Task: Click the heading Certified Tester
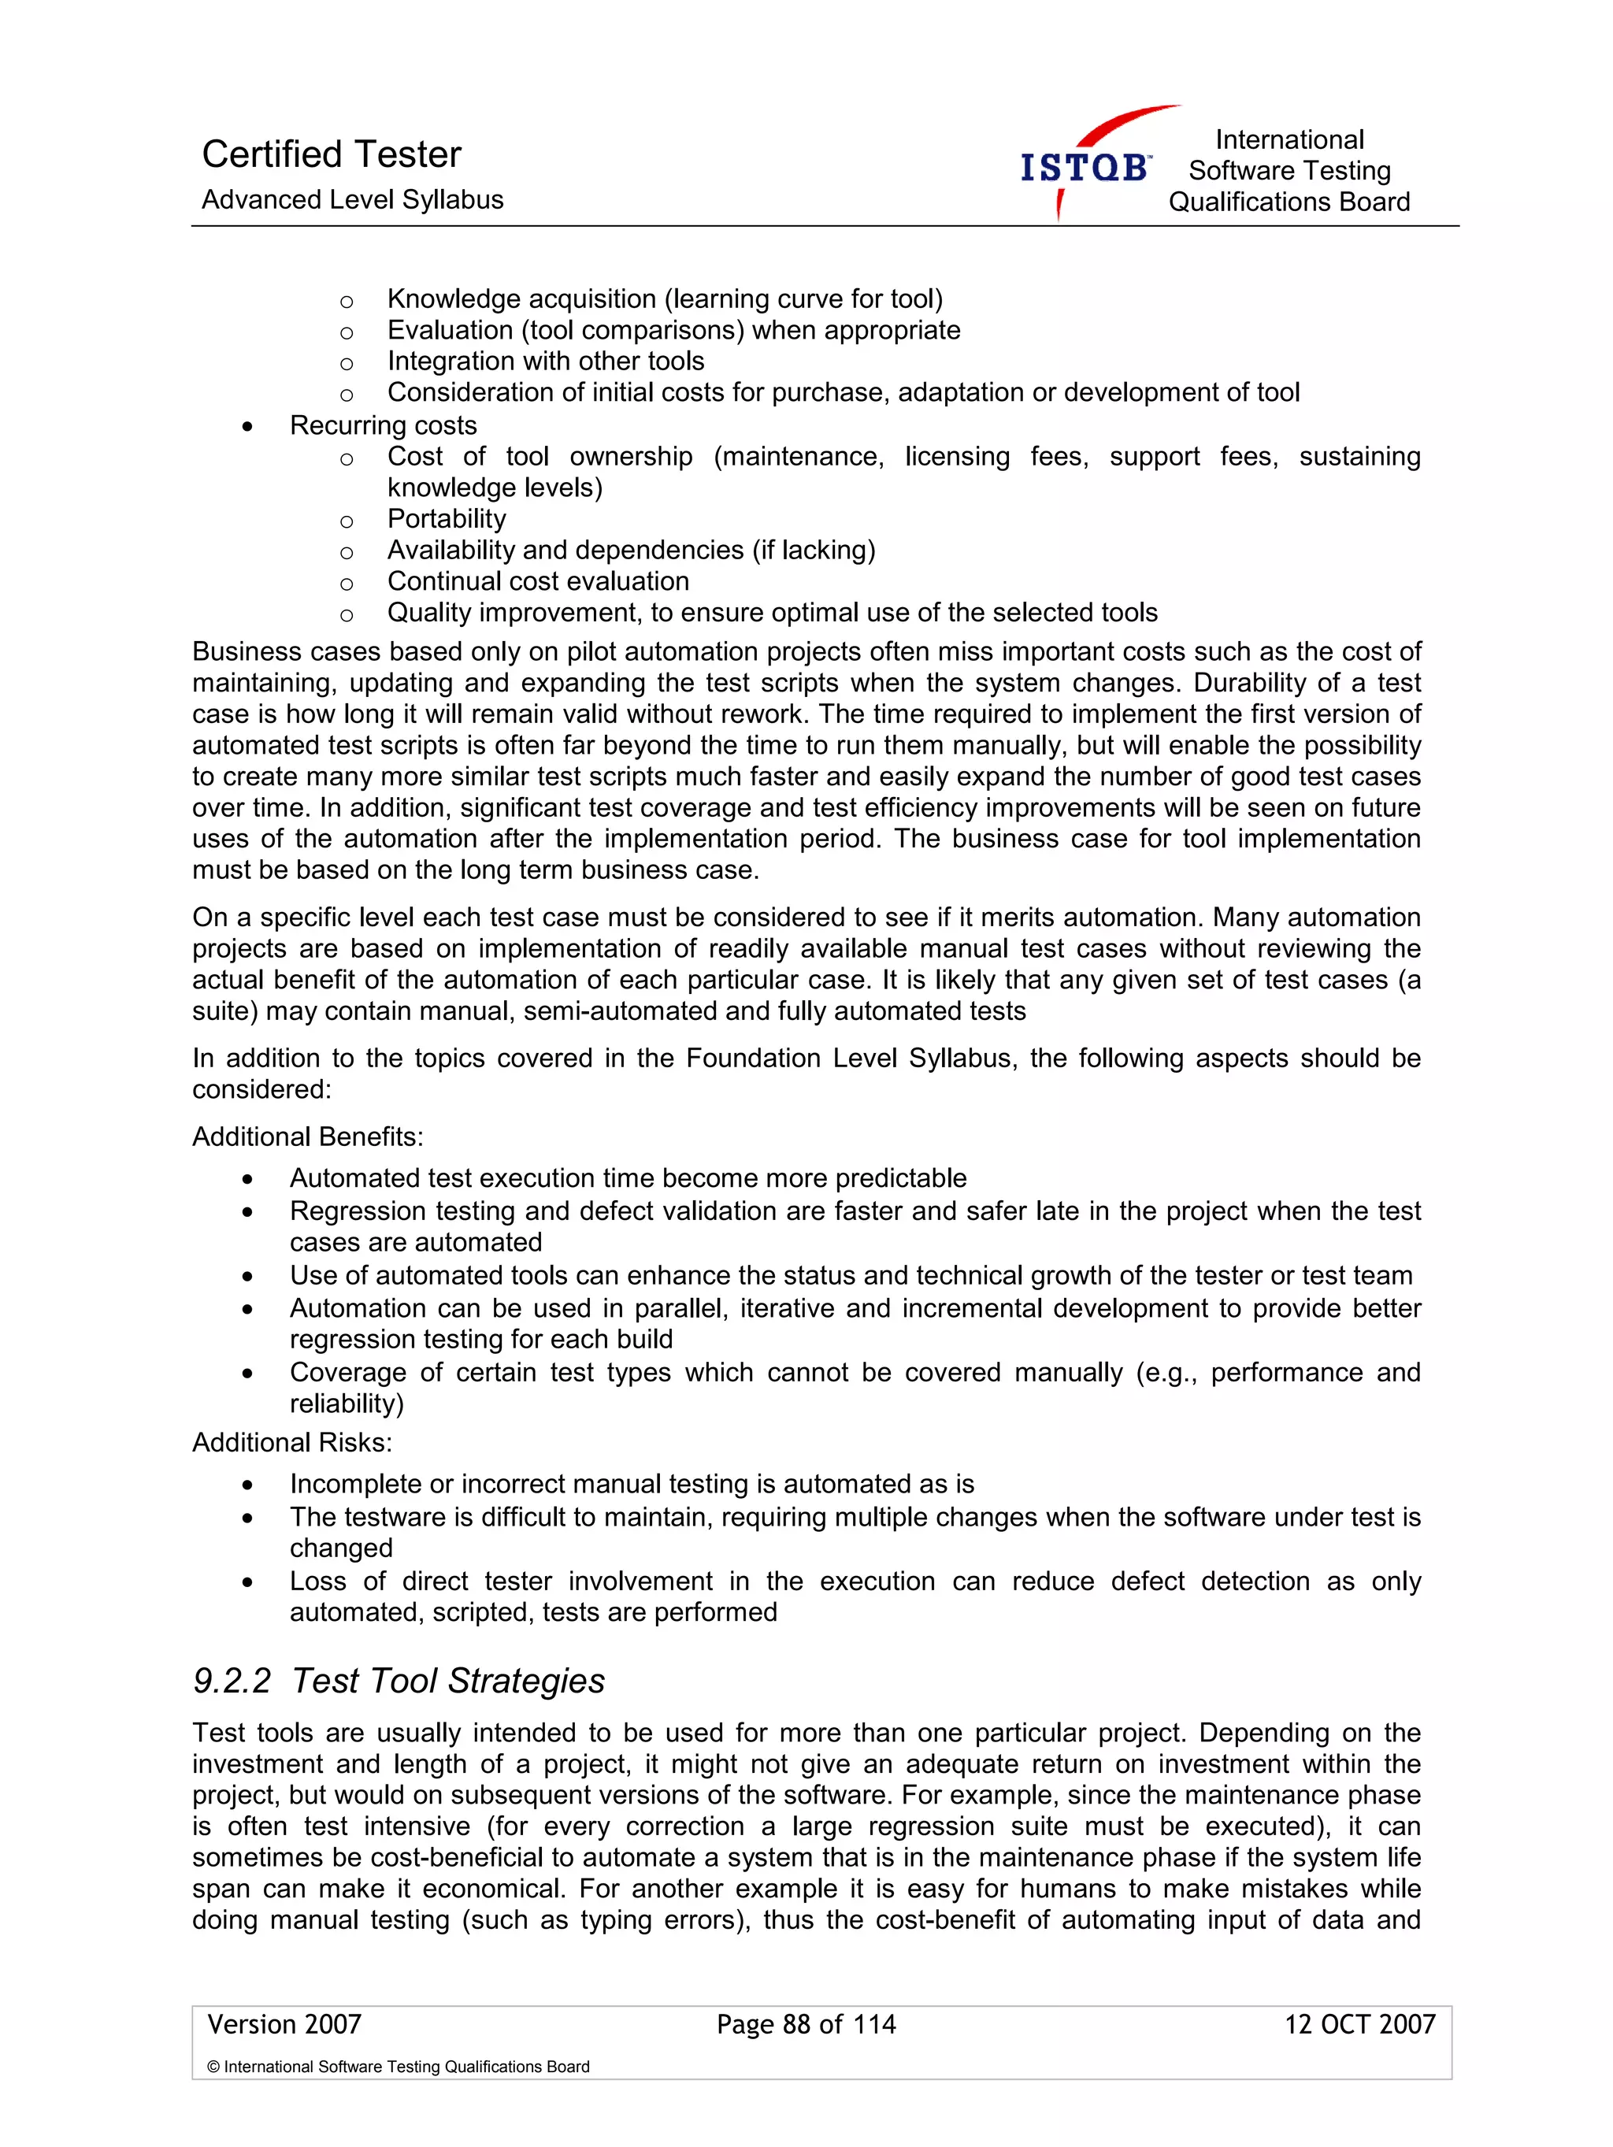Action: (x=331, y=154)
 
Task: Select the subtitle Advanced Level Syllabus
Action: (x=352, y=200)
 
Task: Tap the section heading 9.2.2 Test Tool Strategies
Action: (x=398, y=1680)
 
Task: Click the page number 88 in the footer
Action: (x=795, y=2023)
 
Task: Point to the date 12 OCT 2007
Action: (x=1359, y=2023)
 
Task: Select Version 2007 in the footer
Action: (x=284, y=2023)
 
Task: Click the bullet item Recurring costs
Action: (x=383, y=425)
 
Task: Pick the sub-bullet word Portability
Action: (x=447, y=518)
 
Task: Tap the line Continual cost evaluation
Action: (x=538, y=581)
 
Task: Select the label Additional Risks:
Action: (x=292, y=1442)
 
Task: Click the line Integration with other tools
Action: (x=546, y=361)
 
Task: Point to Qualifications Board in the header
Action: (x=1288, y=202)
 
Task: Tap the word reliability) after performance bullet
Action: (x=347, y=1404)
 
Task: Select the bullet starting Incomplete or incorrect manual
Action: (x=631, y=1484)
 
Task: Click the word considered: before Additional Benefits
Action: (x=261, y=1089)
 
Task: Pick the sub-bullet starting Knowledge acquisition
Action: (x=665, y=299)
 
